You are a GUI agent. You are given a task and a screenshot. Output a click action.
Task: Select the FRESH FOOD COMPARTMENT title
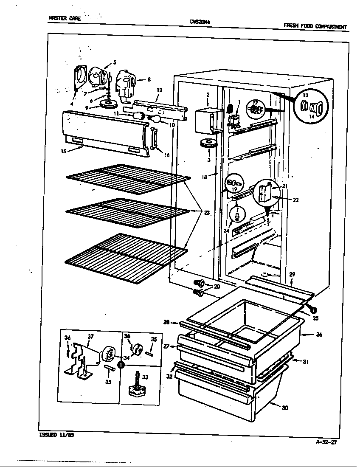point(315,26)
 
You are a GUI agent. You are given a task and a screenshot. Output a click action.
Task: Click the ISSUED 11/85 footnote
point(53,435)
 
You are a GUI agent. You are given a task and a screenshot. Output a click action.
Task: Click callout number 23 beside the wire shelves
point(207,213)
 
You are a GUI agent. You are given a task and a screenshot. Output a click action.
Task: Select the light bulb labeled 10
point(155,120)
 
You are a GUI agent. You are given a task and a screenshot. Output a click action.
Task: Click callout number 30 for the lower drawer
point(284,408)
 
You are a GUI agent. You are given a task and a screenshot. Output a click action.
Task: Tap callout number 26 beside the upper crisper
point(319,335)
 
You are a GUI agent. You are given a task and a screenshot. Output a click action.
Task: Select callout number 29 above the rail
point(292,274)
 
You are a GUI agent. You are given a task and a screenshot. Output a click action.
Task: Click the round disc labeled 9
point(109,104)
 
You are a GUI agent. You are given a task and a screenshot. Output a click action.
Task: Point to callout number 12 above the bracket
point(160,90)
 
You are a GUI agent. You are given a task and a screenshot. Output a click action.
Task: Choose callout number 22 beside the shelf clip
point(295,200)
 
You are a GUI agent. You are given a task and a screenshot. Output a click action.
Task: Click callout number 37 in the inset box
point(90,337)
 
